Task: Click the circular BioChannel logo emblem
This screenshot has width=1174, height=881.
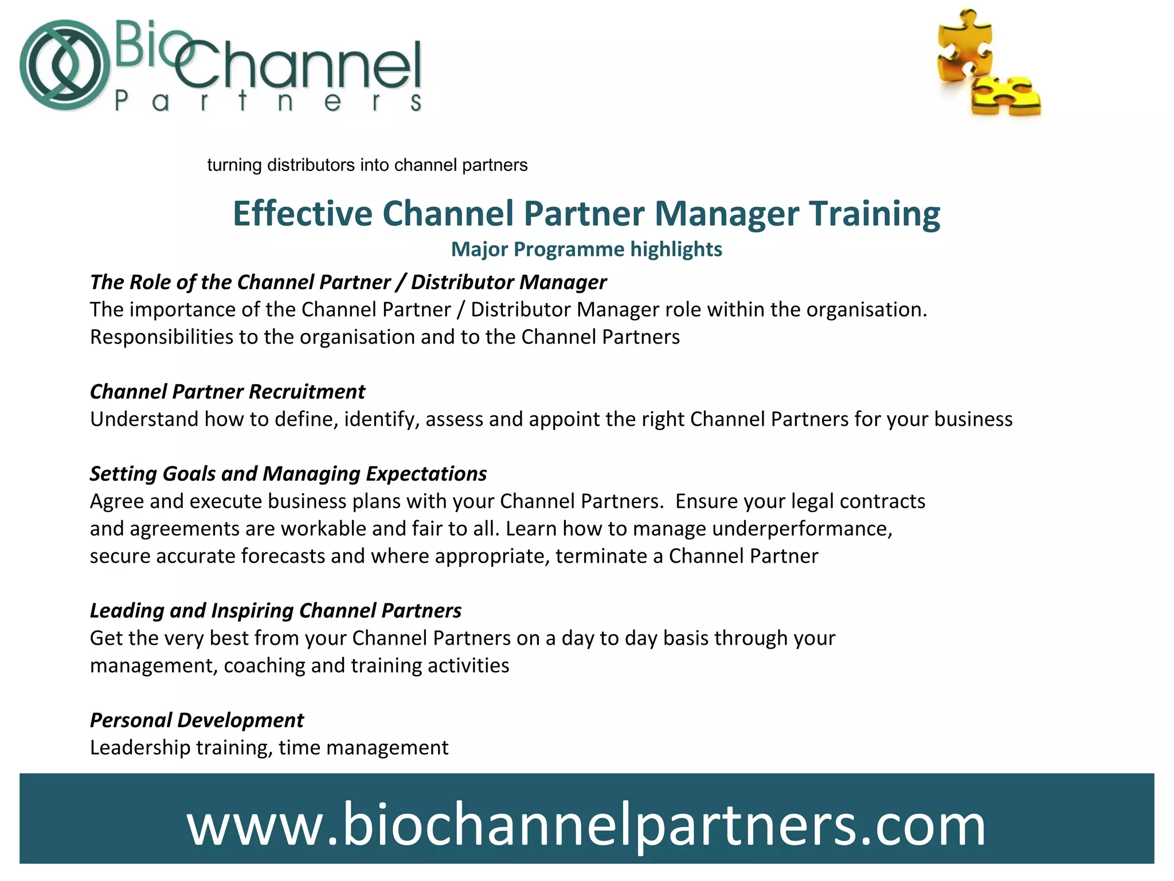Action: click(64, 65)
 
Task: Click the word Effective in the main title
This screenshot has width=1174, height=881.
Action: click(303, 214)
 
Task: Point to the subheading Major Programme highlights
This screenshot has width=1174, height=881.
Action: click(586, 250)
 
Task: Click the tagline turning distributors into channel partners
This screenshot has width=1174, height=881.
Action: click(367, 165)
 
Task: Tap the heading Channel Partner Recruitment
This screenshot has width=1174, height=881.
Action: click(228, 392)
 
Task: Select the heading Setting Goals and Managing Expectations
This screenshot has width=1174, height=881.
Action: click(288, 474)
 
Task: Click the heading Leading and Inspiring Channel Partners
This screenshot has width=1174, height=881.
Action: click(276, 611)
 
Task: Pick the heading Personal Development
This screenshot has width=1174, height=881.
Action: click(197, 720)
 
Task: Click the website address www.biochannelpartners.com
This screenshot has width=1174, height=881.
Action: click(586, 824)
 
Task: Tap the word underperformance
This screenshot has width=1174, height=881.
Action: click(802, 529)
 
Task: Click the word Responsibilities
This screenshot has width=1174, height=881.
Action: click(162, 337)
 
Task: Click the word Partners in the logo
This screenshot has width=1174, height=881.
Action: click(268, 102)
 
